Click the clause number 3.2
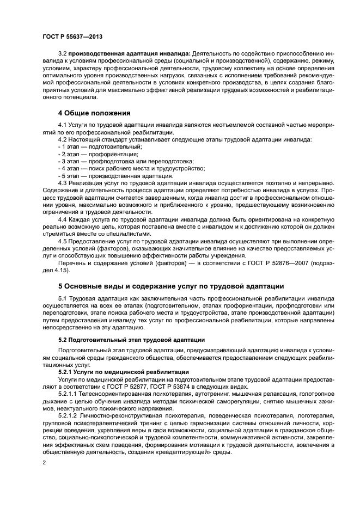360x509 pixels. (62, 54)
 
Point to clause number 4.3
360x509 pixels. (62, 183)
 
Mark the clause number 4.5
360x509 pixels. (62, 241)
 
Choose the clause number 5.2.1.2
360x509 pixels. (69, 415)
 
